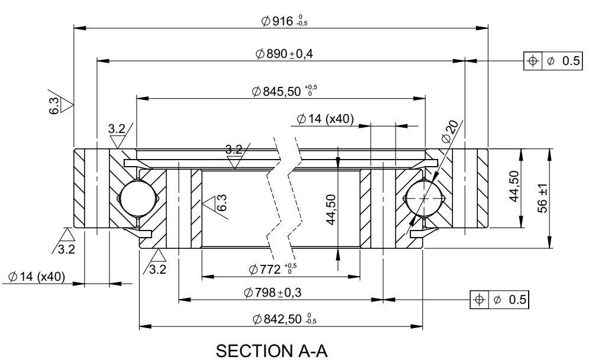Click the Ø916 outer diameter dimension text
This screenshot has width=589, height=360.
284,22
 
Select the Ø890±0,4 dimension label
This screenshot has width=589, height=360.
284,54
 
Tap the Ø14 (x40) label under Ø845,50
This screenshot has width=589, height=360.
325,119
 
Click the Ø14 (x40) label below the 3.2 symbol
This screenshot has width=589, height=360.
37,277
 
